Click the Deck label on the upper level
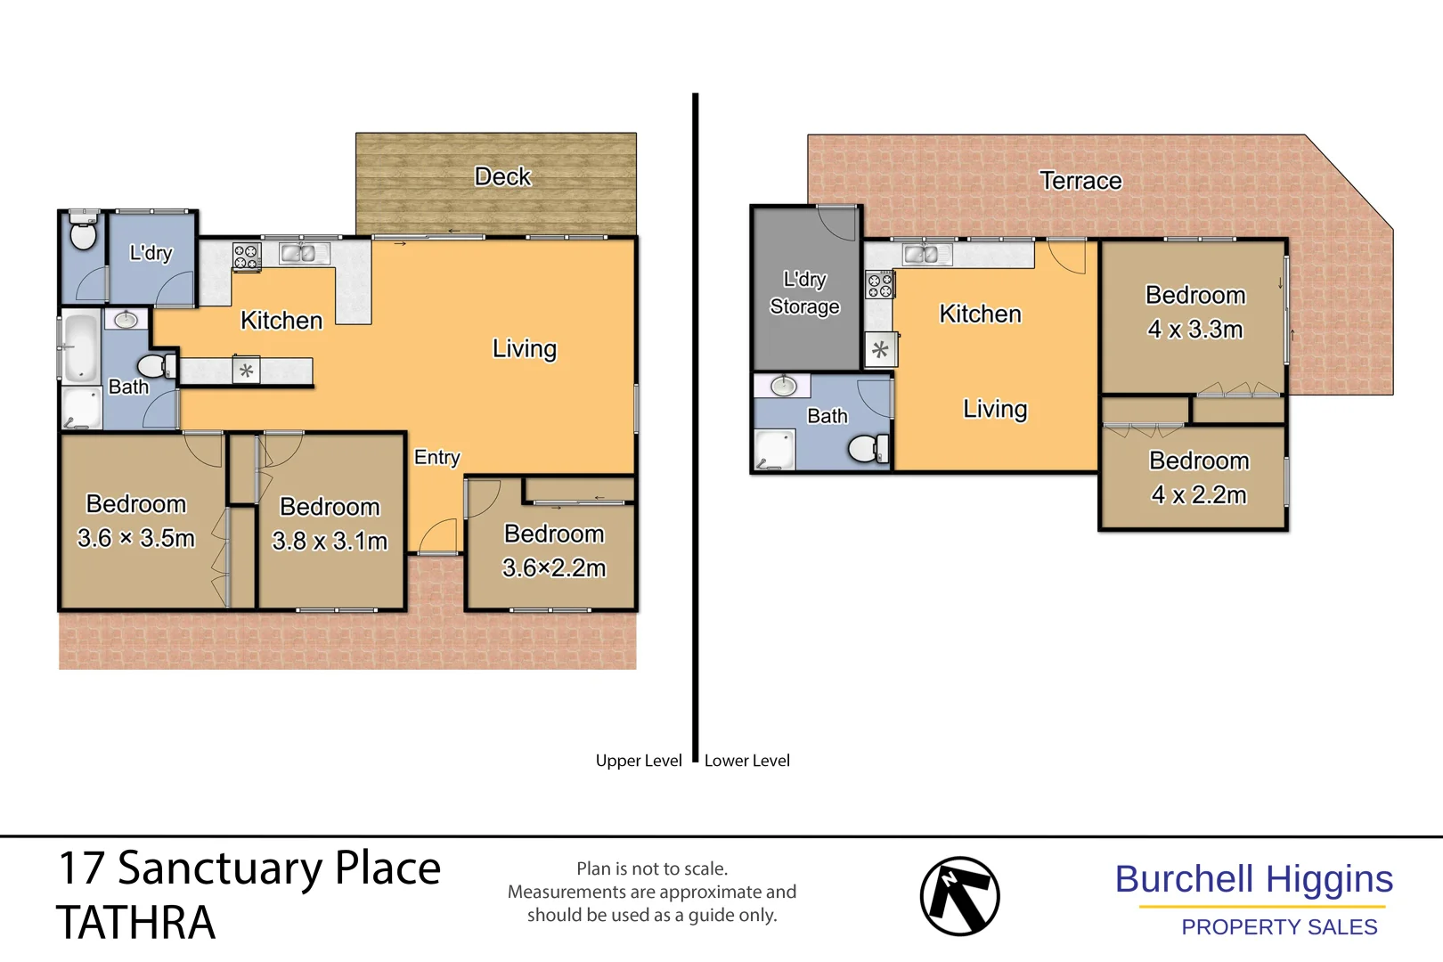coord(502,176)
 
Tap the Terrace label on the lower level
coord(1080,181)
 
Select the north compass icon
coord(959,896)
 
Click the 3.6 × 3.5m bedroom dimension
coord(136,538)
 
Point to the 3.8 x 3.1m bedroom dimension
coord(330,541)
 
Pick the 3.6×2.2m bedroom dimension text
coord(554,567)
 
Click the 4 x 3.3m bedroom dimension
coord(1195,330)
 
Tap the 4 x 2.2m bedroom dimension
coord(1199,495)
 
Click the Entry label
coord(437,457)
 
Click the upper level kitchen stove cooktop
coord(246,257)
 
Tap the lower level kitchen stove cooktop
coord(879,285)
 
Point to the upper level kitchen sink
coord(298,254)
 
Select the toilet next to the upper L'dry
coord(83,234)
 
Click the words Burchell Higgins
coord(1253,879)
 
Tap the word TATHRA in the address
coord(135,923)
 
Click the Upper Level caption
coord(639,761)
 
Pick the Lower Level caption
coord(747,761)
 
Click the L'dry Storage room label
coord(805,293)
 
